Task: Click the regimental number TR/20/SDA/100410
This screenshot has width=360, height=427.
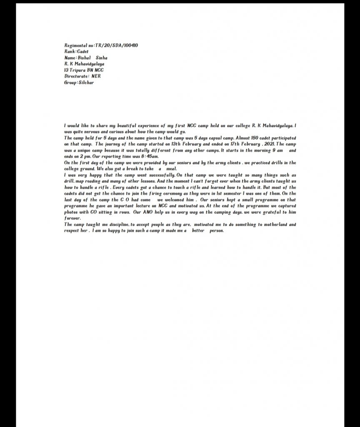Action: coord(117,45)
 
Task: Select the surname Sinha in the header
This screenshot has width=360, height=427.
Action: coord(102,58)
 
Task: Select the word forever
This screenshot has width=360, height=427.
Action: coord(72,218)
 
